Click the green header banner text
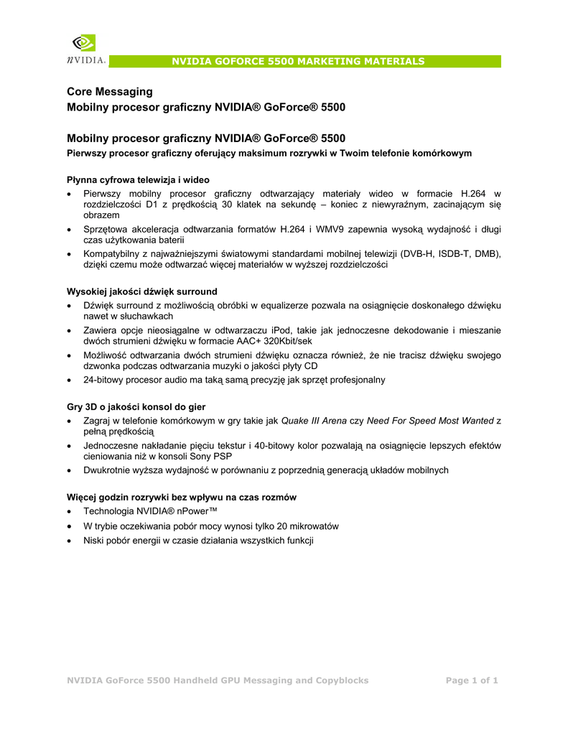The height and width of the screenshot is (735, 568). click(297, 61)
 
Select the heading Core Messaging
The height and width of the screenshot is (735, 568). click(109, 92)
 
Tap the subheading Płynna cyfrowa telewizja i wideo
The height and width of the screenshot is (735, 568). click(138, 179)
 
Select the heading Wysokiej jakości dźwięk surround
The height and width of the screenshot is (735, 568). click(141, 291)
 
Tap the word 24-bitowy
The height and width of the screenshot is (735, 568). click(106, 380)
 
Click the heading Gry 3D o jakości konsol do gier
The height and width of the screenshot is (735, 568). click(136, 406)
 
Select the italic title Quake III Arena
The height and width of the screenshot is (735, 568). click(314, 420)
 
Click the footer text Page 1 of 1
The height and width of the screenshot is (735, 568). click(472, 680)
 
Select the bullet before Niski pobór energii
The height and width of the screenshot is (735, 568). click(68, 540)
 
